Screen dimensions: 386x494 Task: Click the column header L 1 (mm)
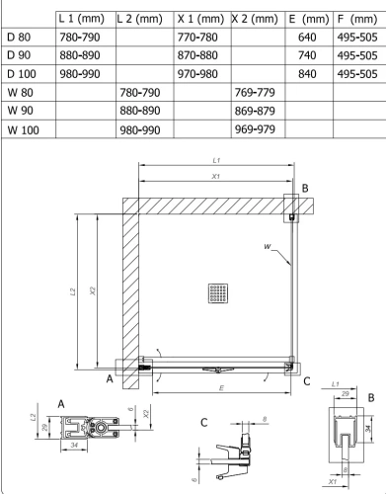click(82, 19)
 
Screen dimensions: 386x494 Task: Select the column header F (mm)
click(357, 19)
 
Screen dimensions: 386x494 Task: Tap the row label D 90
click(19, 55)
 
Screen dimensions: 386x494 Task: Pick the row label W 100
click(23, 129)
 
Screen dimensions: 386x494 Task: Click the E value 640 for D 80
click(307, 37)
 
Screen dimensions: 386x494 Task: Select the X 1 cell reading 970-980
click(197, 74)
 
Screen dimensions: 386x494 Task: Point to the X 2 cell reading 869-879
click(255, 111)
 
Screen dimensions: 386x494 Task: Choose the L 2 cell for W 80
click(140, 93)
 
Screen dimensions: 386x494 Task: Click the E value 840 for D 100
click(307, 74)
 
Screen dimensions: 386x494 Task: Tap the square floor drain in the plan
click(218, 293)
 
